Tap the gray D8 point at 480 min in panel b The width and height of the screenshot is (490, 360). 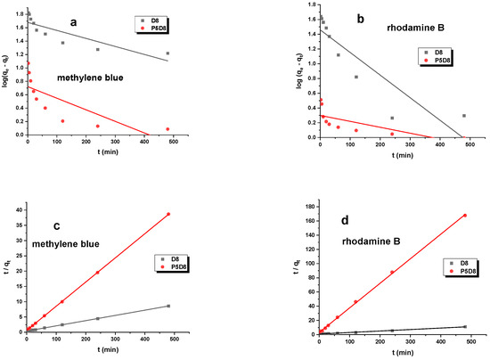click(x=463, y=116)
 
